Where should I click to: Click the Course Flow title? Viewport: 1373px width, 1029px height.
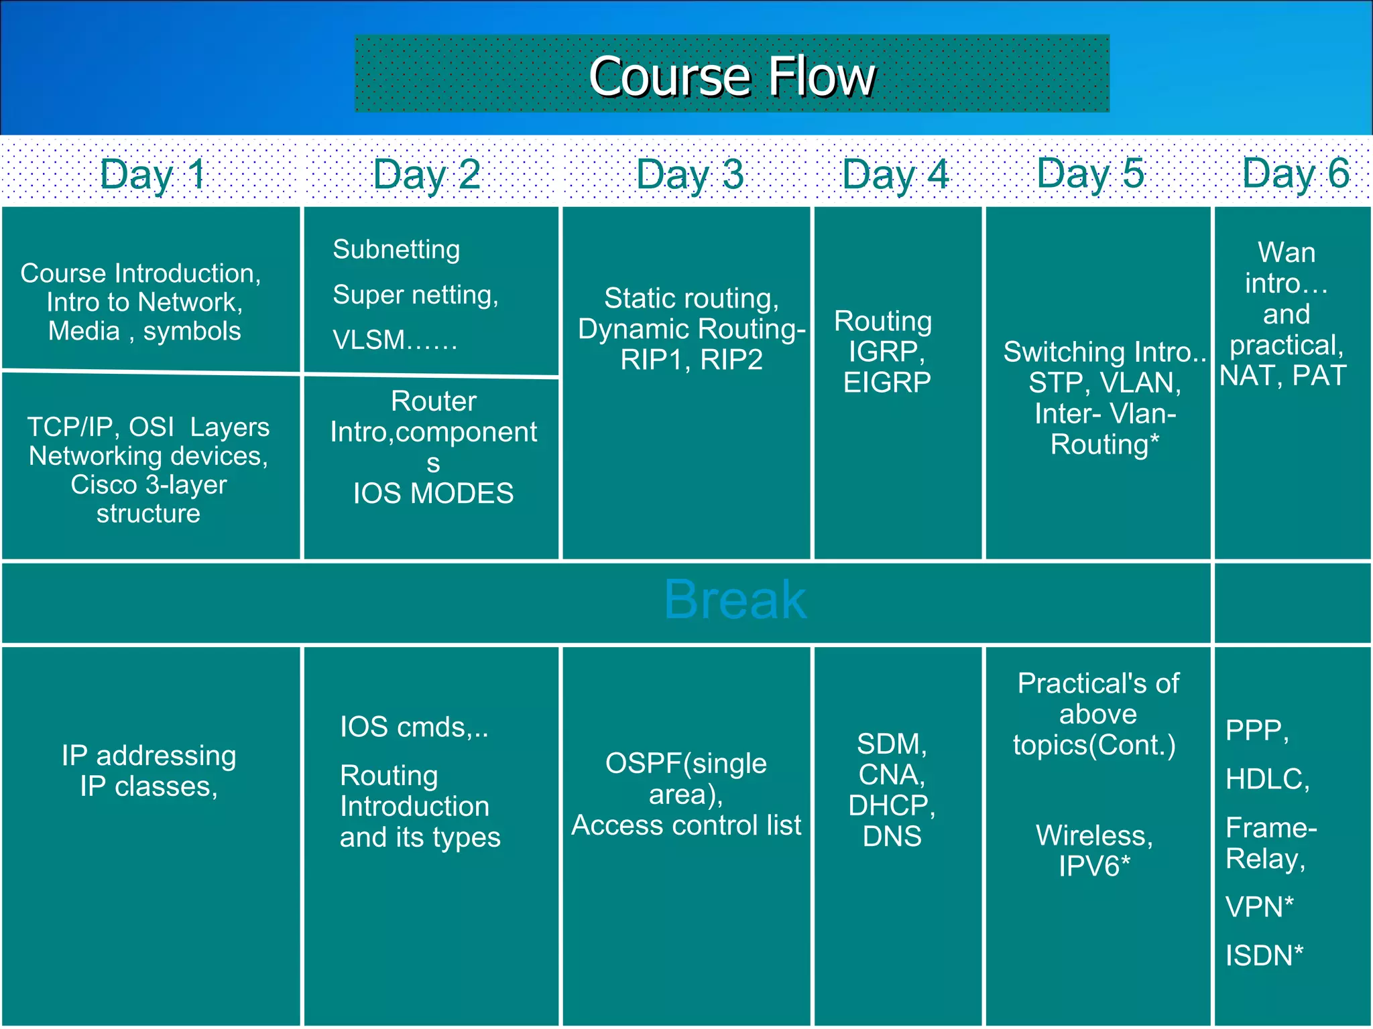[x=731, y=76]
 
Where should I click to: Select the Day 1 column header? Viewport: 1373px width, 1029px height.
[x=153, y=174]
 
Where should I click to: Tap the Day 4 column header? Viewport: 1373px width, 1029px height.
[x=895, y=174]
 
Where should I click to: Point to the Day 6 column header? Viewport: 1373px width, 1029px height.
[x=1295, y=173]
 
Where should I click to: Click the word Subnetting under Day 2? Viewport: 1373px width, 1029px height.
[x=396, y=249]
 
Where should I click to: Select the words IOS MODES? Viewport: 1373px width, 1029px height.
[x=433, y=494]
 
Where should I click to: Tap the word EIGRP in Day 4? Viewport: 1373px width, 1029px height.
[x=886, y=383]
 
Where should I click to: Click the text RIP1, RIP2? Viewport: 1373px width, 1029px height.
[x=691, y=360]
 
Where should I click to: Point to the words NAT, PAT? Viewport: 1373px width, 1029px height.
[x=1282, y=376]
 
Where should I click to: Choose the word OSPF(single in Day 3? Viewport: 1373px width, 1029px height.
[x=685, y=764]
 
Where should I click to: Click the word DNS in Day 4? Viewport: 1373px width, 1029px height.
[x=892, y=836]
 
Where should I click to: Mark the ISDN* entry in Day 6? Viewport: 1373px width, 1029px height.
[x=1264, y=956]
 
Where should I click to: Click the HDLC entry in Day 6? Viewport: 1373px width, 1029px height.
[x=1266, y=779]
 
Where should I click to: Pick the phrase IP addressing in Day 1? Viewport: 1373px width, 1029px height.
[x=149, y=756]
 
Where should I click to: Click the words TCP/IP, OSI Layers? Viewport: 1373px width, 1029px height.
[x=148, y=427]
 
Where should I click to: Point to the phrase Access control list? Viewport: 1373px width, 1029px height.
[x=686, y=825]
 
